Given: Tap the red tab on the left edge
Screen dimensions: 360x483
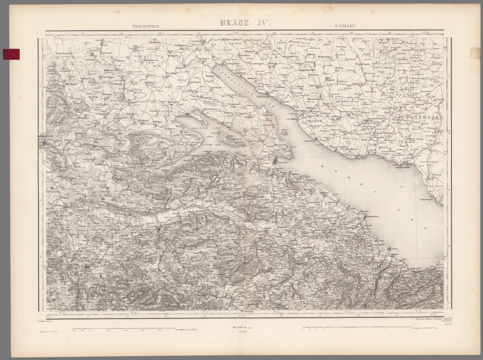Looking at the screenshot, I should pos(10,54).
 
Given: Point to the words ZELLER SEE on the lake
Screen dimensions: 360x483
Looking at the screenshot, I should pos(200,129).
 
